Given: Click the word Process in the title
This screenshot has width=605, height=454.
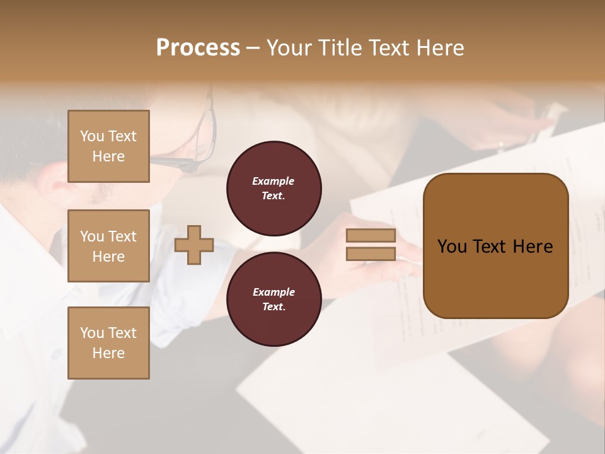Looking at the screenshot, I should point(198,48).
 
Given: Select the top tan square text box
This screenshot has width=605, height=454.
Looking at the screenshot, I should point(108,146).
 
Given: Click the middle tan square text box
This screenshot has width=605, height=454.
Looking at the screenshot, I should point(108,246).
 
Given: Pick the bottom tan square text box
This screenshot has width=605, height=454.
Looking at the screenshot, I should point(108,343).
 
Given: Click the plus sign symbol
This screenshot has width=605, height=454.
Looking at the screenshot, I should point(194,245).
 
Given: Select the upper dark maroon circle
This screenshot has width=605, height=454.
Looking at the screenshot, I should point(274,189).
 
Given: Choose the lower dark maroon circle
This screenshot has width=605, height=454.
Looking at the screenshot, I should point(274,300).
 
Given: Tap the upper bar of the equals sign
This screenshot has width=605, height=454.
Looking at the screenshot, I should point(371,236).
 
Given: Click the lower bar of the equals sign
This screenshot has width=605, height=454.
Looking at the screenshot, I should point(371,254).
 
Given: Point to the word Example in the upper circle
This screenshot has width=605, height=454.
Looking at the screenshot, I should point(274,182).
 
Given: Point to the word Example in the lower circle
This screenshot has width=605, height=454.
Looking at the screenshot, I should point(274,293).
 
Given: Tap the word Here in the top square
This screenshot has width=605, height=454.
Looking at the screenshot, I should point(108,156).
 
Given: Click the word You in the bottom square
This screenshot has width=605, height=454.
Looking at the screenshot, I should point(92,333).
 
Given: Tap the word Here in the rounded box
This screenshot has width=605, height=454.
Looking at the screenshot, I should point(533,247).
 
